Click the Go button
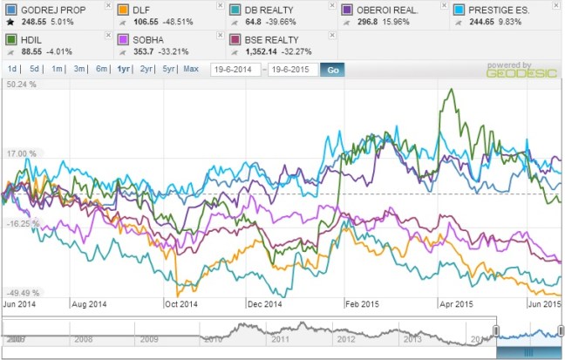[331, 69]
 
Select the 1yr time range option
[124, 69]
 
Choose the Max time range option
[191, 69]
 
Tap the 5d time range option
[34, 69]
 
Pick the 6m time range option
[101, 69]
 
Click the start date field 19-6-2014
[235, 69]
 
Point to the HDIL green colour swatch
[10, 38]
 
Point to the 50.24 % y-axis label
[21, 85]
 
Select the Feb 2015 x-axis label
[362, 304]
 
